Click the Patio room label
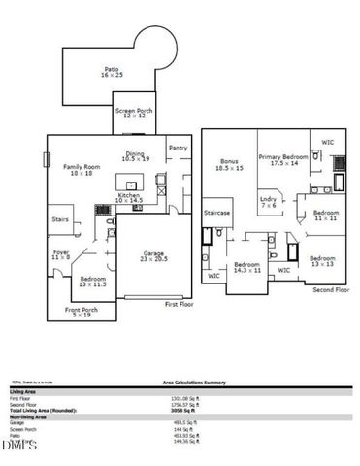pyautogui.click(x=111, y=72)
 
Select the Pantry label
pyautogui.click(x=178, y=148)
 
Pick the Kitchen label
pyautogui.click(x=130, y=198)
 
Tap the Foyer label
pyautogui.click(x=60, y=255)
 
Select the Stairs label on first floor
pyautogui.click(x=59, y=219)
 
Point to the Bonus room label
pyautogui.click(x=229, y=165)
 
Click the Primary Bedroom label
pyautogui.click(x=283, y=160)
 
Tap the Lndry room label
pyautogui.click(x=269, y=202)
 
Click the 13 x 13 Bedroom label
pyautogui.click(x=323, y=261)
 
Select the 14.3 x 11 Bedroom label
pyautogui.click(x=246, y=267)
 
